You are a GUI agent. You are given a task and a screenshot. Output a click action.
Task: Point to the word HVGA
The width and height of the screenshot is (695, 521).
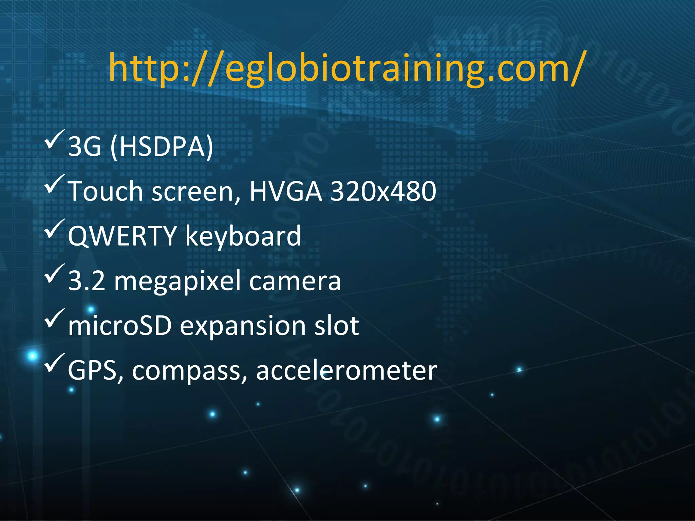pos(285,191)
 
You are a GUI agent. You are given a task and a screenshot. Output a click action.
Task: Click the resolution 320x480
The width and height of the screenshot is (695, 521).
pos(383,191)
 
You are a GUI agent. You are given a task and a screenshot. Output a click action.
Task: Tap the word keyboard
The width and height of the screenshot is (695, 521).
pos(243,236)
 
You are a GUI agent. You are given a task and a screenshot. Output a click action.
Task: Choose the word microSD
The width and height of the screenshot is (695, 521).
pos(120,326)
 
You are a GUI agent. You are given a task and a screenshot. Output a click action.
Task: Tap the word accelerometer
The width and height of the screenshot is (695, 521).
pos(346,370)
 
